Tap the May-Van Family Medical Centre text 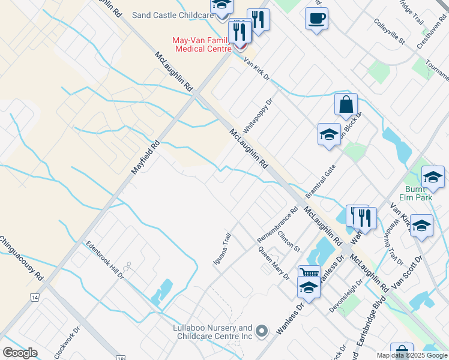coord(201,44)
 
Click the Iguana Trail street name coord(222,249)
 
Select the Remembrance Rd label coord(278,224)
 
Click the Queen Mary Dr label coord(274,263)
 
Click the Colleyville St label coord(390,34)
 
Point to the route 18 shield coord(122,358)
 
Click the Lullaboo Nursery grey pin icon coord(261,331)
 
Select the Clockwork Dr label coord(67,343)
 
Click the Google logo coord(20,353)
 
